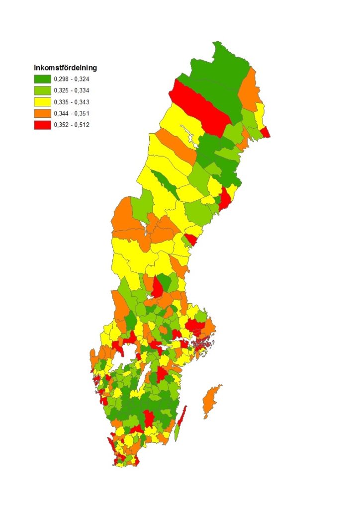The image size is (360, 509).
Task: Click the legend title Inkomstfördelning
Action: coord(65,67)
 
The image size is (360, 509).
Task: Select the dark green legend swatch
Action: coord(42,79)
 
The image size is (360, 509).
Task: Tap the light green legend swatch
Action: coord(42,90)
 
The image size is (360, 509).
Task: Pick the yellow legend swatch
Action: coord(42,101)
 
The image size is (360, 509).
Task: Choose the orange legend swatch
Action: coord(42,113)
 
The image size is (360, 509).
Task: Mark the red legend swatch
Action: coord(42,125)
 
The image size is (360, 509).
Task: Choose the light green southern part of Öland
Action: coord(177,431)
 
